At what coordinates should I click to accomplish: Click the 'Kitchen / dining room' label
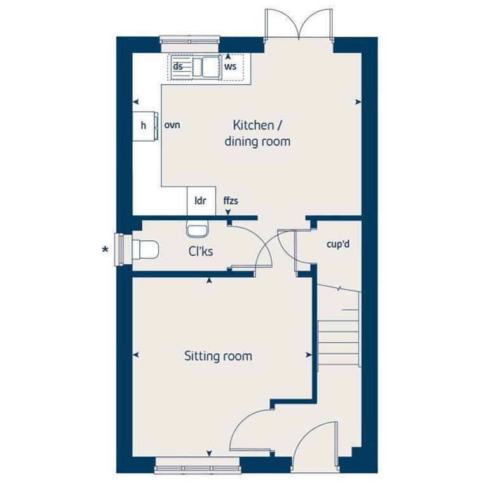(257, 133)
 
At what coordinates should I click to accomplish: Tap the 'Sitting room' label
(218, 356)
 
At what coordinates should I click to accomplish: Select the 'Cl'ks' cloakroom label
(200, 252)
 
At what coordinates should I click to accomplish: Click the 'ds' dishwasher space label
(179, 66)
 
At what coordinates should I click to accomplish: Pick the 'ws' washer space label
(230, 66)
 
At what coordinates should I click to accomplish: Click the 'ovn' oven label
(172, 125)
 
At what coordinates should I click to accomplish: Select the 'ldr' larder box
(201, 201)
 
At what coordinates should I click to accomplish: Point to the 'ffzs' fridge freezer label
(231, 201)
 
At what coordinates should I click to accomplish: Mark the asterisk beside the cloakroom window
(105, 250)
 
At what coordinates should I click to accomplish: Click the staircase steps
(338, 330)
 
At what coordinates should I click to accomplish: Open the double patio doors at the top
(299, 25)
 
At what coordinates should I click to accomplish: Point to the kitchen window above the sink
(189, 43)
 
